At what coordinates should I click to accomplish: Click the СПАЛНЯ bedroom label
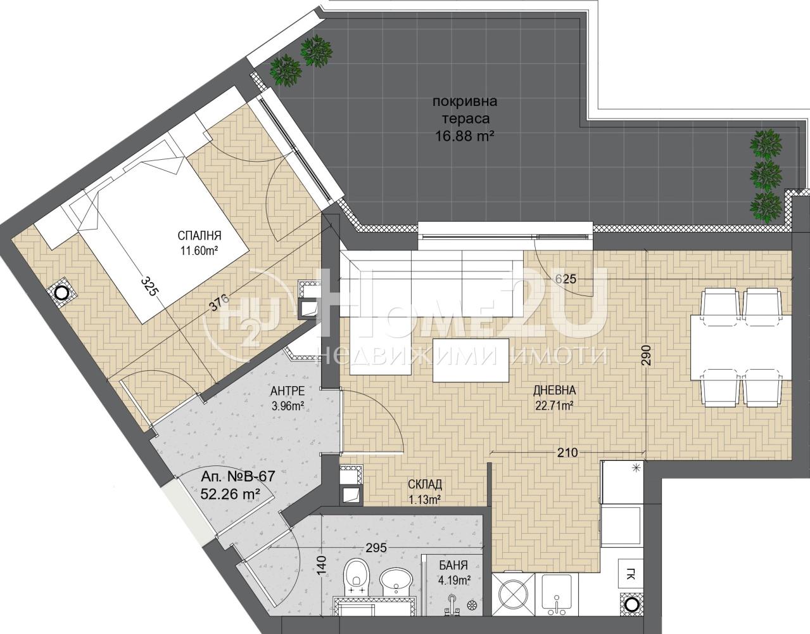199,235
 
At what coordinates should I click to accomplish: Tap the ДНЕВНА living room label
554,391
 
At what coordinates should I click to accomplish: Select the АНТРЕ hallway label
288,391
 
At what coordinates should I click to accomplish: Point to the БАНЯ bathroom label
453,566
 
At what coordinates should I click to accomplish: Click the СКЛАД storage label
425,484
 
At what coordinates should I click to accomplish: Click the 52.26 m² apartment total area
230,494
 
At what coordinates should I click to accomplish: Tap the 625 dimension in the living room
566,279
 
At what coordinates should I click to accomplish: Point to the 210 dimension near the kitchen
567,453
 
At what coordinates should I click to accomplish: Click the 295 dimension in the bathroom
376,548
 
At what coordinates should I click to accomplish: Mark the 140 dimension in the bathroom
322,565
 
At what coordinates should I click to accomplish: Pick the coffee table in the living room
471,360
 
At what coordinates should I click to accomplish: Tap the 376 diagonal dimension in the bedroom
217,303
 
